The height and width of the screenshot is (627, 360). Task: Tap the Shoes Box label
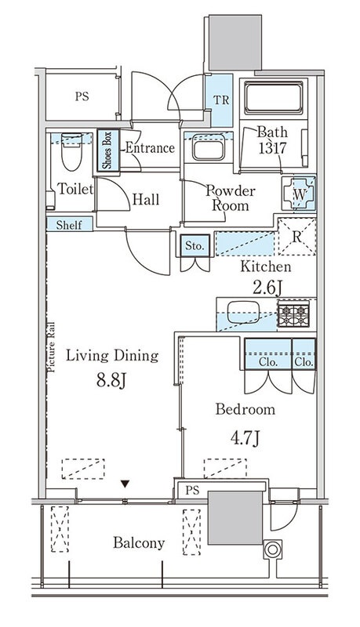[108, 150]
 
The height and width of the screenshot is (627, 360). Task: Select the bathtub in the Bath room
[274, 98]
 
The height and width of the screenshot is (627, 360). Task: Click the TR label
[220, 100]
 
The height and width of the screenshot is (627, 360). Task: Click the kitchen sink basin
[243, 311]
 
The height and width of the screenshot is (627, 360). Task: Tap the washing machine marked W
[299, 194]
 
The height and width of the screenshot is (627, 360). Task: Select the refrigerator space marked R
[296, 237]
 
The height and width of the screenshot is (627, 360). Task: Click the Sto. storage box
[195, 245]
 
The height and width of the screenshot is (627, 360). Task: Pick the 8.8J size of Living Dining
[111, 380]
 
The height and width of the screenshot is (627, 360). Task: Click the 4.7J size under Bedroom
[245, 438]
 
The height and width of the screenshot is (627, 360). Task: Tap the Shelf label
[69, 225]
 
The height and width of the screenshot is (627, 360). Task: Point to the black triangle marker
[125, 484]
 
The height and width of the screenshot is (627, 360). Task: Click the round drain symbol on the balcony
[272, 549]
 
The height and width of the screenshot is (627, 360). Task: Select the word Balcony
[139, 543]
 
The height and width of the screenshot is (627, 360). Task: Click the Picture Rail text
[51, 347]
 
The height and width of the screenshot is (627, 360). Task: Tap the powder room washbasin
[209, 147]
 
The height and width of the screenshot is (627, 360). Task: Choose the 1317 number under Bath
[272, 148]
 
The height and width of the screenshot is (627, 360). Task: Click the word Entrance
[150, 148]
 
